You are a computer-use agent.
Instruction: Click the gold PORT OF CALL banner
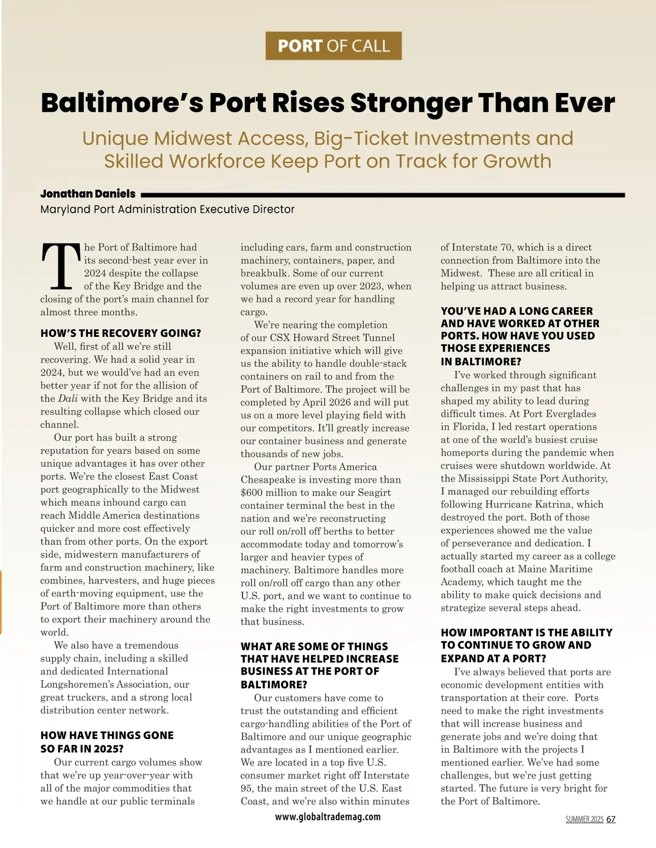[333, 46]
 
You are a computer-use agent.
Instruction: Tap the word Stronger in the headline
[411, 103]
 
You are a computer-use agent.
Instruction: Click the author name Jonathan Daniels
[88, 194]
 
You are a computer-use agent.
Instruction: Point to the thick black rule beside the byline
[383, 195]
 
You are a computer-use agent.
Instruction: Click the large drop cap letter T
[61, 267]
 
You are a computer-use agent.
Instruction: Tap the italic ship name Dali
[68, 399]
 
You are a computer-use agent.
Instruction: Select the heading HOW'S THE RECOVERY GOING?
[121, 333]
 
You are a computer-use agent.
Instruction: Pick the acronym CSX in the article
[280, 338]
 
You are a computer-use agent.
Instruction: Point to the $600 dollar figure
[251, 493]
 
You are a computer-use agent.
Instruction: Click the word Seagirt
[374, 493]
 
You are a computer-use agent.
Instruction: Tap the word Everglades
[570, 414]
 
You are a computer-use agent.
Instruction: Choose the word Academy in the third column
[461, 582]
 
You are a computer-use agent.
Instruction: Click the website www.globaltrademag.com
[328, 817]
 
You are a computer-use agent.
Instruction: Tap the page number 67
[611, 819]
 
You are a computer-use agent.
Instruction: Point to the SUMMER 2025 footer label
[584, 819]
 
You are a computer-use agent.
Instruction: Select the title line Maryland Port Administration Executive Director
[167, 209]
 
